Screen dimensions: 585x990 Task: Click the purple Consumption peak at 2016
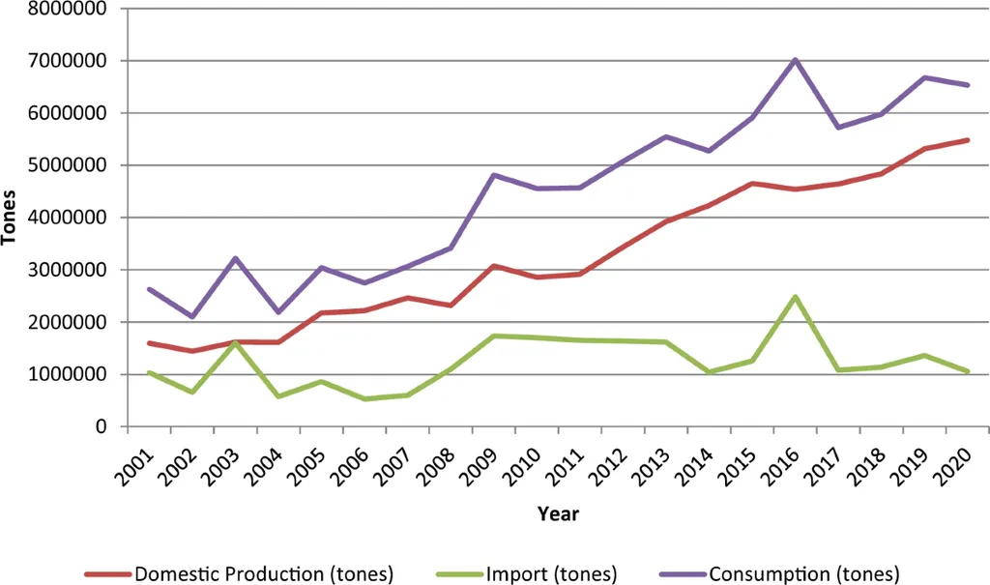[795, 60]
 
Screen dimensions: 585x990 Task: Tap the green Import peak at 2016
[795, 297]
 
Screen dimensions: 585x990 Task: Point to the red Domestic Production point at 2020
[967, 140]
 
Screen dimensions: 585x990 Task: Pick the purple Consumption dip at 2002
[193, 316]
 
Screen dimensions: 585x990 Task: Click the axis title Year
[559, 513]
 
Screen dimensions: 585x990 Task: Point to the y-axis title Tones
[11, 218]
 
